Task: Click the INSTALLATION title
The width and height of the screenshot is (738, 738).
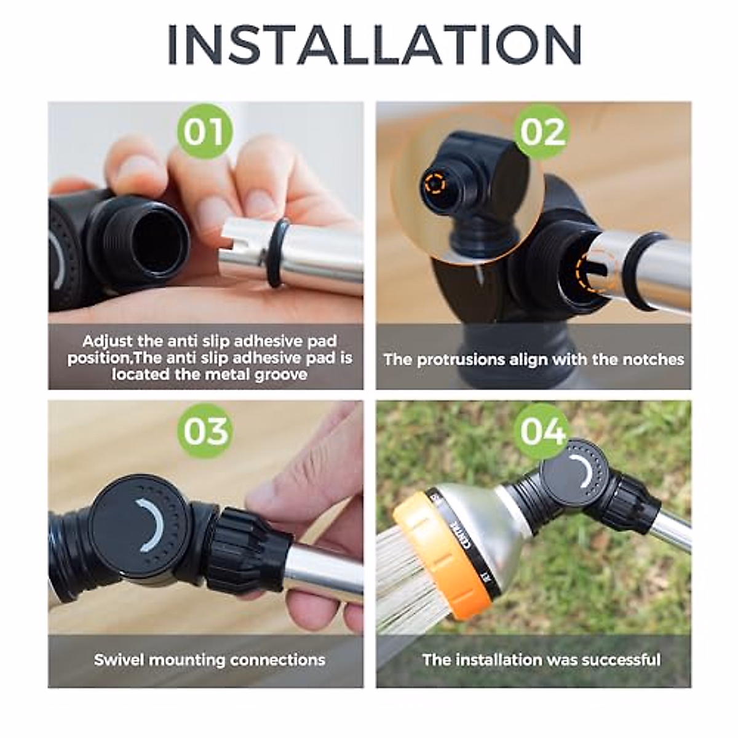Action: (x=374, y=44)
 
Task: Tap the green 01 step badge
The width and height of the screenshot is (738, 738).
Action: (x=205, y=132)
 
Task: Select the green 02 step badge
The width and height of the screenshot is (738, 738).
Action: (x=542, y=132)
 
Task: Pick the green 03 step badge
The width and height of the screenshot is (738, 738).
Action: (x=205, y=431)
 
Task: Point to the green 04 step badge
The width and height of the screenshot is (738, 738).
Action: (x=542, y=431)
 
